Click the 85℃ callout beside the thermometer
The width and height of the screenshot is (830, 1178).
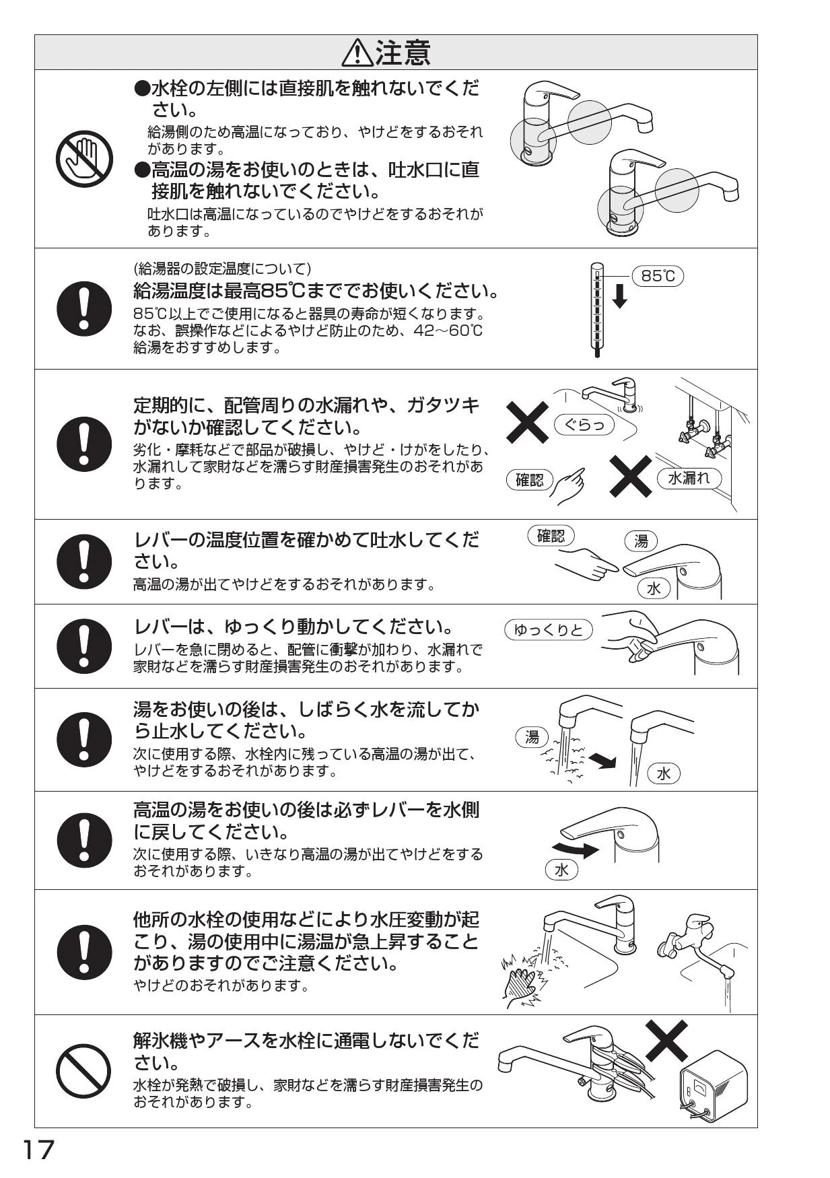pos(658,276)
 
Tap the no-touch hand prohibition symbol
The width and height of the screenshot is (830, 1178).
pos(84,159)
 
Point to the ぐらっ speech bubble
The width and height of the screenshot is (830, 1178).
pos(584,425)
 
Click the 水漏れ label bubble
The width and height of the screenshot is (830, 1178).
pos(689,478)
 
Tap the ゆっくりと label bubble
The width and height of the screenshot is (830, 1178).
pos(548,630)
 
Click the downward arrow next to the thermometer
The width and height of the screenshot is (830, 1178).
pos(620,296)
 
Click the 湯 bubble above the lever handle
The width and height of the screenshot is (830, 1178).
pos(642,541)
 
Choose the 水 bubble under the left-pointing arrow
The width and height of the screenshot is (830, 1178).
pos(561,870)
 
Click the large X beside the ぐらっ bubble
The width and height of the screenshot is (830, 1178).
pos(528,422)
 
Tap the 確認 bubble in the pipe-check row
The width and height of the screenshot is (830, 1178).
pos(529,480)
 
